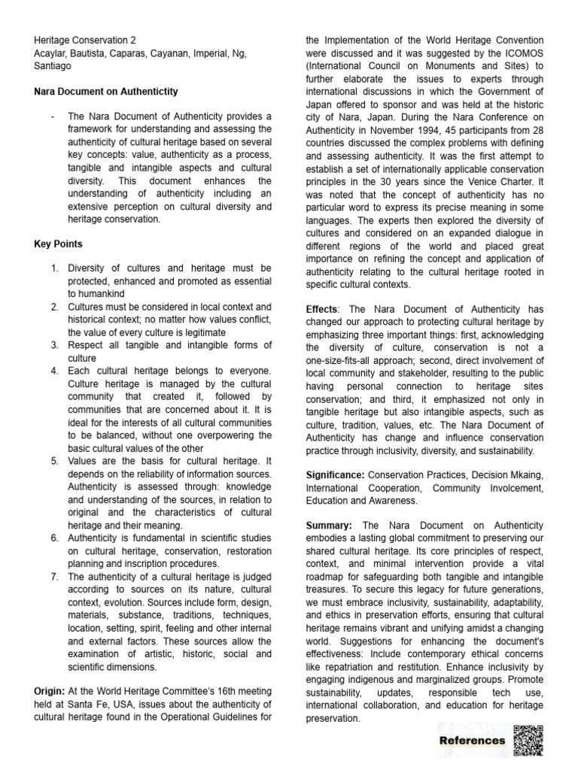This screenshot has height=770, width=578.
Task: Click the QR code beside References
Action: click(528, 740)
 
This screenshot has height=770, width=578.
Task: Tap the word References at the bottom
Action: click(472, 741)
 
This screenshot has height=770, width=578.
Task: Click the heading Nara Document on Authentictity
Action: click(106, 92)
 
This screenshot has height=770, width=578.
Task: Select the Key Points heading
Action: click(59, 244)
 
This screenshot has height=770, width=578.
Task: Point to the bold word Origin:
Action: click(50, 690)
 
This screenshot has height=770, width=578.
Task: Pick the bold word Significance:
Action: click(335, 475)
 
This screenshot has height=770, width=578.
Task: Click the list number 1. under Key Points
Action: click(55, 268)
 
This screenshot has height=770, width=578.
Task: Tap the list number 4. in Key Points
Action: click(55, 371)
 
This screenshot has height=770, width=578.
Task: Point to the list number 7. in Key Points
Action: click(55, 556)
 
